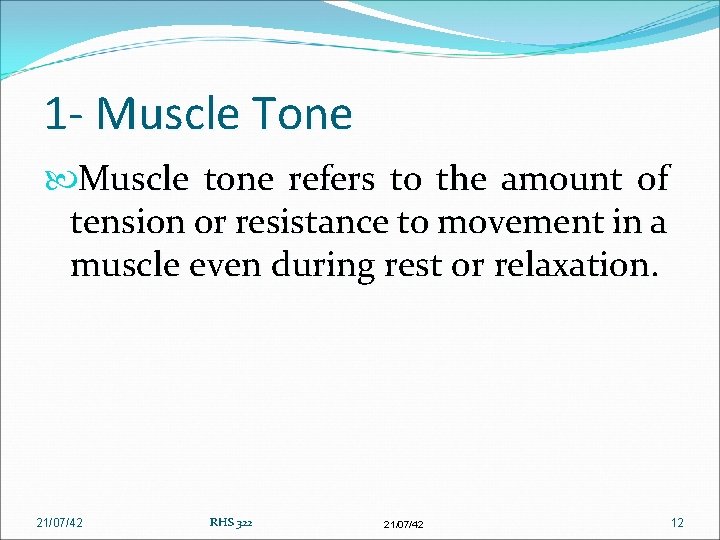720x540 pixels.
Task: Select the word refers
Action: (332, 179)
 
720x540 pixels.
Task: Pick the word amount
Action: (561, 179)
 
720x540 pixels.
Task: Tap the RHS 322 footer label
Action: (230, 522)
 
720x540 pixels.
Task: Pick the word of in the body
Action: (652, 179)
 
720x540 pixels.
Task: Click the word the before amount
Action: (461, 179)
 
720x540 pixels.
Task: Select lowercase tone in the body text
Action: (237, 179)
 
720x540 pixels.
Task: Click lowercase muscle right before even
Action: (120, 265)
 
